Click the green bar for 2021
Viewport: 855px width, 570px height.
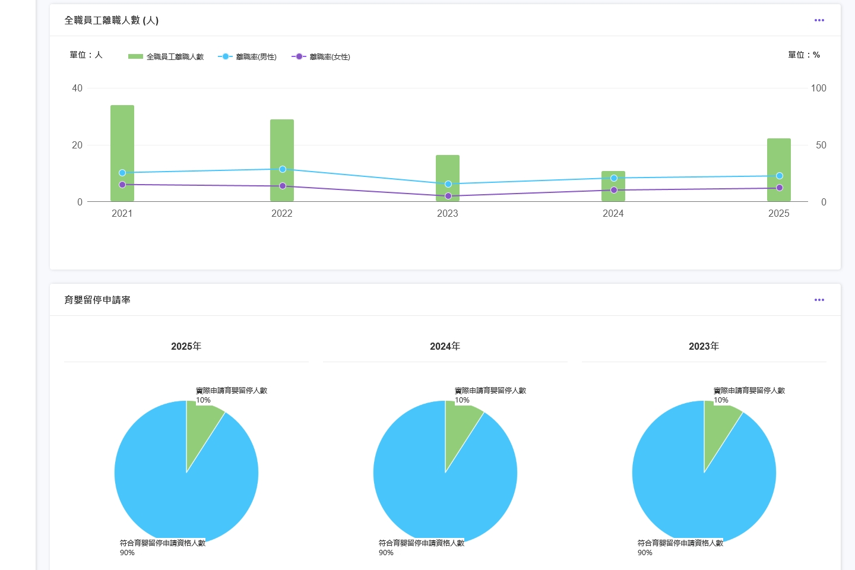[122, 153]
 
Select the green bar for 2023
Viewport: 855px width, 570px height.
[448, 178]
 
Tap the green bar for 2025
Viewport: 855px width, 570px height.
[779, 169]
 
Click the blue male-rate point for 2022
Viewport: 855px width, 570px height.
[283, 169]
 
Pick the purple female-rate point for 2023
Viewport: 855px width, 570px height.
[448, 196]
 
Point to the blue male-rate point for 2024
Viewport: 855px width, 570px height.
[614, 178]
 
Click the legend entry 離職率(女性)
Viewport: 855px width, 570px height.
[321, 57]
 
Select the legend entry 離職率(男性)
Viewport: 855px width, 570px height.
[247, 57]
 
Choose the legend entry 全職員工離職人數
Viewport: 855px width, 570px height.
[166, 57]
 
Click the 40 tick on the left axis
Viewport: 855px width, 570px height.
[77, 88]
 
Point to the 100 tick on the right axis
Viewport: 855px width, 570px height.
[818, 88]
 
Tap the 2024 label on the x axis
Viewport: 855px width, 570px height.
[613, 213]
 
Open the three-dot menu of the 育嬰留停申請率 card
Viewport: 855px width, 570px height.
[819, 300]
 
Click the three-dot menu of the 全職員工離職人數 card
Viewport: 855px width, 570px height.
[819, 20]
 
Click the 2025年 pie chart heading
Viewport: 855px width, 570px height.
[186, 346]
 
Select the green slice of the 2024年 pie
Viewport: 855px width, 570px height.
[460, 427]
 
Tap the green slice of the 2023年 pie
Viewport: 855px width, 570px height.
[718, 427]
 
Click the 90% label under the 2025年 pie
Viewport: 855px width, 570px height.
[127, 552]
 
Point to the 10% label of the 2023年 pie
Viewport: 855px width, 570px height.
[721, 400]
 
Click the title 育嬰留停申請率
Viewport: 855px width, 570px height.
[97, 300]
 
